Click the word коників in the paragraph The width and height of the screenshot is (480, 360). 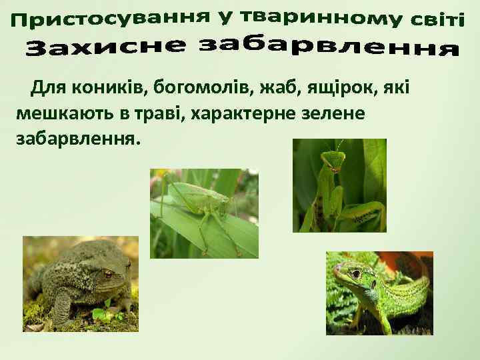pos(105,87)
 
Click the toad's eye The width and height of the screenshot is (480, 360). pos(107,273)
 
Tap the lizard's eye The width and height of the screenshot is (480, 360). pos(356,274)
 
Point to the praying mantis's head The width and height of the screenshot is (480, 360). pos(331,160)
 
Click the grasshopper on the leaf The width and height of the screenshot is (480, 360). pos(200,200)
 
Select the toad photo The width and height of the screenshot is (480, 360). pos(80,283)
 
